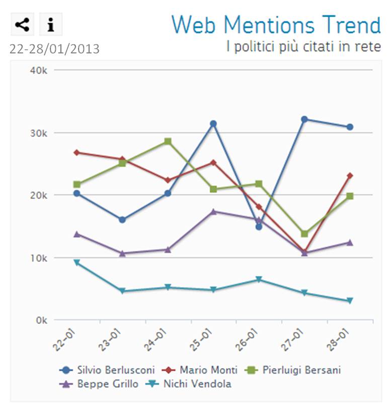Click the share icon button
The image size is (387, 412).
pyautogui.click(x=22, y=24)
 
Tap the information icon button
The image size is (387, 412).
pyautogui.click(x=50, y=24)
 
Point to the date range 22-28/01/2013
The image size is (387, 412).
pyautogui.click(x=54, y=49)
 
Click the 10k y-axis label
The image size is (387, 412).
pyautogui.click(x=39, y=258)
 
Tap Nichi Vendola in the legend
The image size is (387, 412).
pyautogui.click(x=191, y=384)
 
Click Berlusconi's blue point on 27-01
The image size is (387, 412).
pyautogui.click(x=304, y=119)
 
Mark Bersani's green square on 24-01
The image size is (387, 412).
pyautogui.click(x=168, y=142)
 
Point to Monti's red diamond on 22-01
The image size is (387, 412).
pyautogui.click(x=76, y=152)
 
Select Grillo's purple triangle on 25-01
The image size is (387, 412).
pyautogui.click(x=213, y=212)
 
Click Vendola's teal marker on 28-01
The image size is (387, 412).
pyautogui.click(x=349, y=301)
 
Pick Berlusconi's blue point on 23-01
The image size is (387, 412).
pyautogui.click(x=122, y=220)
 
